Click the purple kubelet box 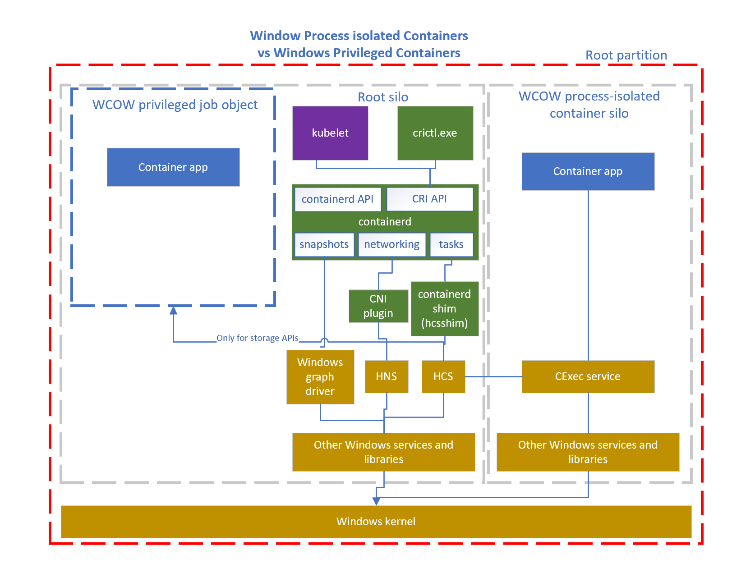click(330, 133)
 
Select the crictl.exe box click(435, 133)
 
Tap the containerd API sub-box click(337, 199)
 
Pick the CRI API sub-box click(429, 199)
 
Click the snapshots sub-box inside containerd click(324, 244)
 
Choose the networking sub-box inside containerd click(391, 244)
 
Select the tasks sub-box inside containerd click(451, 244)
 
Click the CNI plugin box click(378, 306)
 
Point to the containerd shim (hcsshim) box click(444, 309)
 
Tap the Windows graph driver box click(320, 377)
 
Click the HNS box click(387, 376)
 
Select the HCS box click(443, 376)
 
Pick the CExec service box click(588, 376)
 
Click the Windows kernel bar click(376, 522)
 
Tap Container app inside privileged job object click(173, 167)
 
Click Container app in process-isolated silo click(588, 171)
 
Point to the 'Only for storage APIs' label click(257, 338)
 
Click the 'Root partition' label click(626, 55)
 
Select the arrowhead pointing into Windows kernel click(376, 501)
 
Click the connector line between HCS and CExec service click(493, 376)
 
